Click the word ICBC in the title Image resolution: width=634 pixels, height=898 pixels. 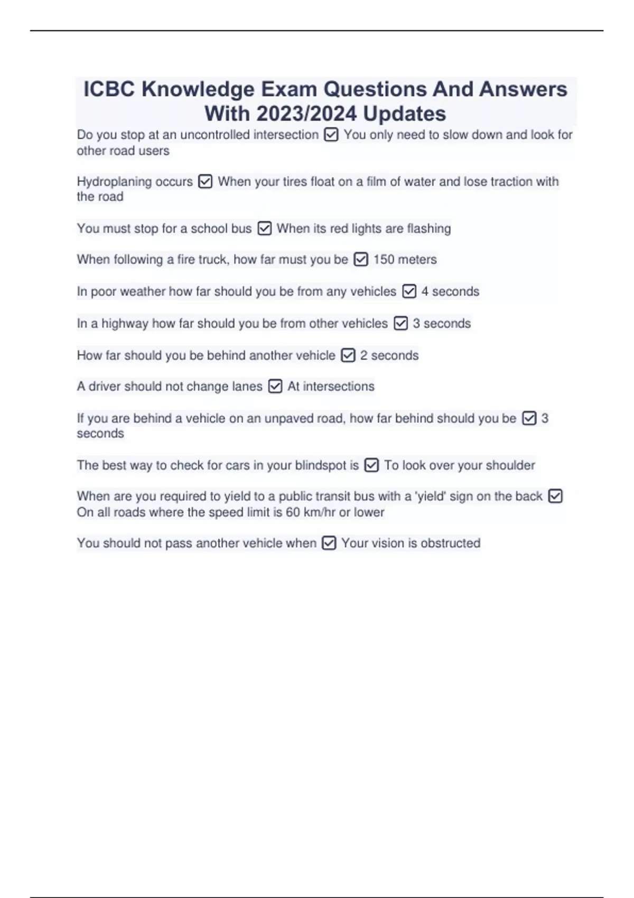click(109, 89)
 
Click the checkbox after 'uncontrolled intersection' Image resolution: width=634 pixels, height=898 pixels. click(331, 135)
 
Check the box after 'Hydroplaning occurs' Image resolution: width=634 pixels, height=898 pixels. click(205, 182)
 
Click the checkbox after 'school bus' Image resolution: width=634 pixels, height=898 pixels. click(264, 229)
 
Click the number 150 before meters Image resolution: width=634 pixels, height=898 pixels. click(384, 260)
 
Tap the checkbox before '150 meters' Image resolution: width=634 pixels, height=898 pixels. click(361, 260)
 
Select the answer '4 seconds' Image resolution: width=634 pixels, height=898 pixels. click(450, 292)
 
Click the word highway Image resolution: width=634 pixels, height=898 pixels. click(125, 323)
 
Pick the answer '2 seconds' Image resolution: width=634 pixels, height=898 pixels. click(389, 356)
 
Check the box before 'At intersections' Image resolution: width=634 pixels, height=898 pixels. click(275, 387)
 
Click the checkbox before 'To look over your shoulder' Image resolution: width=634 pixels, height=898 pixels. click(372, 465)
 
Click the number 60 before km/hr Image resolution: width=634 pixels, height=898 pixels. click(293, 512)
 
